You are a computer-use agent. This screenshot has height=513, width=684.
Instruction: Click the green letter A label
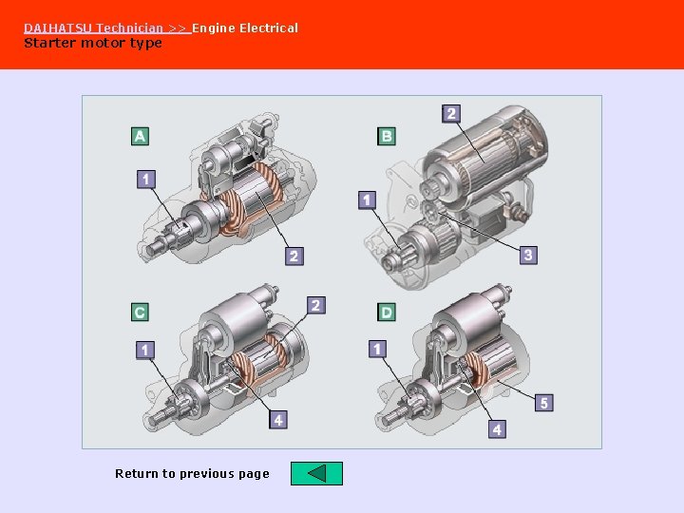[x=140, y=136]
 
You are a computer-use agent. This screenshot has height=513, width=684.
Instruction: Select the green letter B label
[x=387, y=136]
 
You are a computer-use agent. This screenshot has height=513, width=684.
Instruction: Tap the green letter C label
[x=140, y=312]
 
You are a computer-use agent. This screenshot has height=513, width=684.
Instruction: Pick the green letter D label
[x=387, y=312]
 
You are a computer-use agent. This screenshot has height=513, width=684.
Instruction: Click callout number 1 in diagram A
[x=145, y=179]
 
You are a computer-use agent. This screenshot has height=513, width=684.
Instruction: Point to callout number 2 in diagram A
[x=294, y=256]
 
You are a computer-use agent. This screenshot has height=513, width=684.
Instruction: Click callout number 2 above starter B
[x=451, y=113]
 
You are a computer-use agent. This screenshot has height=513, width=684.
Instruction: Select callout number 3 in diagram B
[x=528, y=255]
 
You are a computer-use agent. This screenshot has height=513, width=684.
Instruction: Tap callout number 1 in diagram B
[x=368, y=199]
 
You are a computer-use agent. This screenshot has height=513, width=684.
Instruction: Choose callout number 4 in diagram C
[x=278, y=419]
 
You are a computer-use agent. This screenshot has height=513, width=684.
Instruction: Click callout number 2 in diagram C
[x=316, y=305]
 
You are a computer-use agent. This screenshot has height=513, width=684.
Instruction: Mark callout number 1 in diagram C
[x=144, y=351]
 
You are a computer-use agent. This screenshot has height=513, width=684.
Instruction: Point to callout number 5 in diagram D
[x=543, y=403]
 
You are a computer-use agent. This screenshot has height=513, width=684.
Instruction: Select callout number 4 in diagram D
[x=497, y=429]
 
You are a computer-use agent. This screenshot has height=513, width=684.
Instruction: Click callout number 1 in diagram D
[x=378, y=350]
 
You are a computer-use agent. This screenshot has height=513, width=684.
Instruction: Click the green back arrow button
[x=316, y=473]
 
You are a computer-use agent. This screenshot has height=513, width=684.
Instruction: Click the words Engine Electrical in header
[x=245, y=28]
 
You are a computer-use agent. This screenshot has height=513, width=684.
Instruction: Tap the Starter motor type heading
[x=93, y=43]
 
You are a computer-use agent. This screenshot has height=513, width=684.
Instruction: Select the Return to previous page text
[x=192, y=473]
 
